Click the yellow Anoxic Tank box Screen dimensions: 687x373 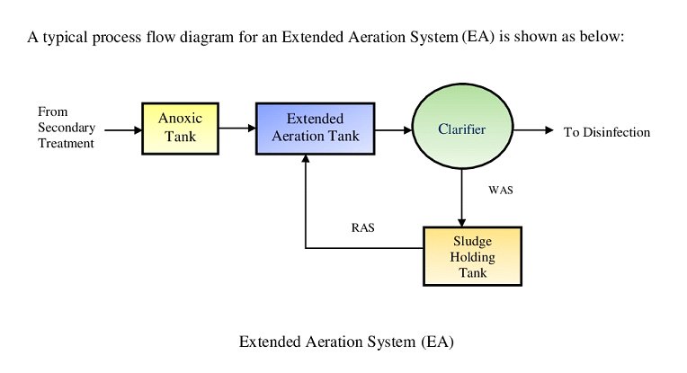[180, 129]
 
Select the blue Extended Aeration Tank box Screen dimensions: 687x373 [315, 129]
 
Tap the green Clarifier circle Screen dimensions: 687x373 [462, 127]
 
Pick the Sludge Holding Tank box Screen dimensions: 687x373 [472, 256]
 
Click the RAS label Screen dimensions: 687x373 [362, 227]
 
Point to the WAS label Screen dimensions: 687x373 [500, 190]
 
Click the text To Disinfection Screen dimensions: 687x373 [607, 132]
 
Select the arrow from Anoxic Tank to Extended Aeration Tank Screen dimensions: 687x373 [237, 129]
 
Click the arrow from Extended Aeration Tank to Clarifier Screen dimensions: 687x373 [394, 130]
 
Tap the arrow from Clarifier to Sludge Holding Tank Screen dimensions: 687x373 [461, 198]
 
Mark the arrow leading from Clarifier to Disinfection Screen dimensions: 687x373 [533, 130]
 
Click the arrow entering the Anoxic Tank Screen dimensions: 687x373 [123, 130]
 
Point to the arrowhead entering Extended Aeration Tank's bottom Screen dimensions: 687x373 [306, 158]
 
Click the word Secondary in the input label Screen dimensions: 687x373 [67, 128]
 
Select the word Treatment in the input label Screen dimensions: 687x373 [67, 143]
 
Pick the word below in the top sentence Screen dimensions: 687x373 [602, 36]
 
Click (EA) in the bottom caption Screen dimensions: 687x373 [437, 342]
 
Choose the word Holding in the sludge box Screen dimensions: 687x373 [472, 257]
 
